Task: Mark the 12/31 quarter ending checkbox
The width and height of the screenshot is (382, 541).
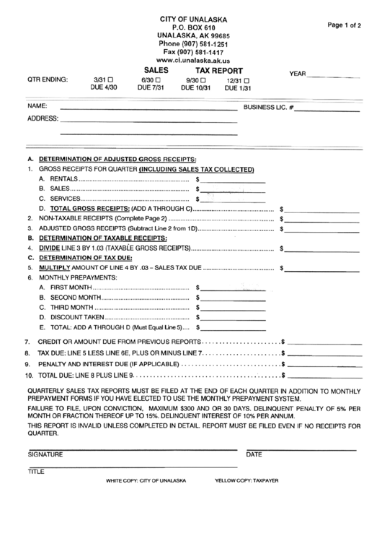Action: [x=247, y=80]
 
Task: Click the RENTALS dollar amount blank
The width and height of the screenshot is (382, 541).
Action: [x=232, y=181]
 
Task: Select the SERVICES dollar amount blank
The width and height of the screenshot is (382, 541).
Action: [x=232, y=200]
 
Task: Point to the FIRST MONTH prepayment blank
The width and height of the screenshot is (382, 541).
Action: [x=232, y=289]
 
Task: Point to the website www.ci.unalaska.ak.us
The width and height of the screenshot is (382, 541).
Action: [x=191, y=61]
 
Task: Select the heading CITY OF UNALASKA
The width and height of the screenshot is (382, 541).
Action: [x=191, y=17]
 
